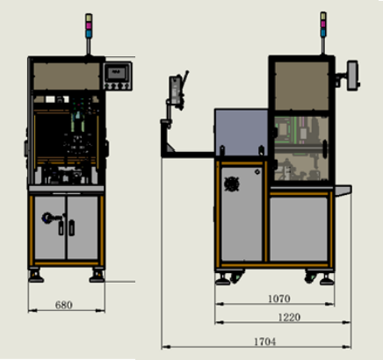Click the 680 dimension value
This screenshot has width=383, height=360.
tap(63, 305)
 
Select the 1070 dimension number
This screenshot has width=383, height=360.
tap(279, 299)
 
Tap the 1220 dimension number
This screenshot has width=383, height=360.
tap(289, 317)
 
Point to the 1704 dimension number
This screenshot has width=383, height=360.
tap(264, 342)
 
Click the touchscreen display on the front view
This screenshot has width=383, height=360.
tap(117, 73)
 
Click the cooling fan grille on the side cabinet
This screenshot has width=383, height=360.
tap(232, 184)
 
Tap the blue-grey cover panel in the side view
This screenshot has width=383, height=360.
tap(242, 133)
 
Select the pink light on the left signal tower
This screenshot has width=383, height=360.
tap(89, 25)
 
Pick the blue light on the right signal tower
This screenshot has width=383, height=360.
tap(323, 32)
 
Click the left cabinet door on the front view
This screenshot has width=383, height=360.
tap(50, 227)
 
